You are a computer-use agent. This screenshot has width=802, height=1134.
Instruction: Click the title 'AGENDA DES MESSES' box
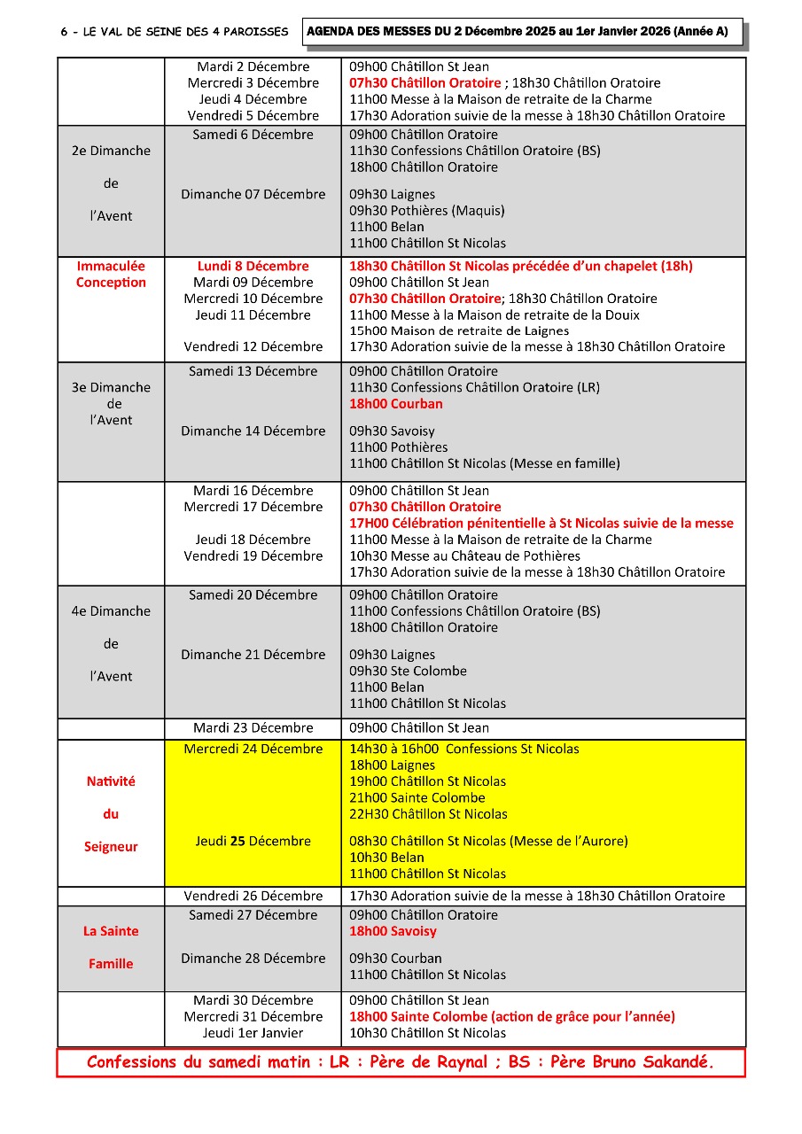(x=522, y=32)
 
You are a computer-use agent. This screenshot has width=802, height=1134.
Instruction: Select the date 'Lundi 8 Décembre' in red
(x=253, y=266)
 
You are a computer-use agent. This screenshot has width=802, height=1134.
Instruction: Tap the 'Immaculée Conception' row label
(x=111, y=274)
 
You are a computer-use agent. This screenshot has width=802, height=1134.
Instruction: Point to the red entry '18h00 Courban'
(x=395, y=404)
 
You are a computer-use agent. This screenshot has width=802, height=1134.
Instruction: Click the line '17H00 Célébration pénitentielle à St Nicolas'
(x=541, y=523)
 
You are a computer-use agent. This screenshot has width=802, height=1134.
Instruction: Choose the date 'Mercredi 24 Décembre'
(x=253, y=750)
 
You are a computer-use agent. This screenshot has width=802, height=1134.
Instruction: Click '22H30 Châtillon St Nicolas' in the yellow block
(x=428, y=814)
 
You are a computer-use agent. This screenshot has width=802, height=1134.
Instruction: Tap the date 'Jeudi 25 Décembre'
(x=253, y=841)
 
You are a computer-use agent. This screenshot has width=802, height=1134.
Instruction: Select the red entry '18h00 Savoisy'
(x=393, y=931)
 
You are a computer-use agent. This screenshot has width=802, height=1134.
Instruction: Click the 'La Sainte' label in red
(x=111, y=931)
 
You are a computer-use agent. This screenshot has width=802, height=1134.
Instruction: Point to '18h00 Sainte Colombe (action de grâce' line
(x=511, y=1017)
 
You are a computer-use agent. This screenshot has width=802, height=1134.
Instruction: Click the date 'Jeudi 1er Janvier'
(x=253, y=1033)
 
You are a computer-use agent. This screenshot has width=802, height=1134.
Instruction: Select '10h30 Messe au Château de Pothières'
(x=464, y=555)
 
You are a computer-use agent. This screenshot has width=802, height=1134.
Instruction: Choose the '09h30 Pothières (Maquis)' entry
(x=426, y=211)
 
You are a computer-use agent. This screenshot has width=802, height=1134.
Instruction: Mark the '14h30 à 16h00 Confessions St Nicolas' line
(x=463, y=750)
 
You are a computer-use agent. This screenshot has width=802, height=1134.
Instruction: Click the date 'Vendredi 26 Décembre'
(x=253, y=896)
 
